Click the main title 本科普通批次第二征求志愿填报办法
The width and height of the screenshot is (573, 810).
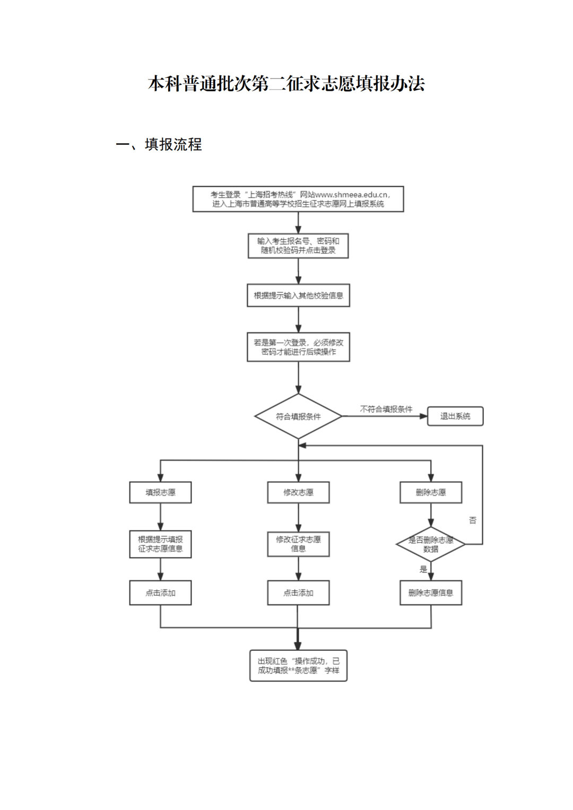tap(286, 84)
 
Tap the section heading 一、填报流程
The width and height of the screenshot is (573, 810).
tap(159, 145)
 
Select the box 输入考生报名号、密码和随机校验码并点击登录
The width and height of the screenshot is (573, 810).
tap(298, 246)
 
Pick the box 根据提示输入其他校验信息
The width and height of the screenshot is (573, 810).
tap(298, 295)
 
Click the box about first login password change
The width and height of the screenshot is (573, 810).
tap(298, 347)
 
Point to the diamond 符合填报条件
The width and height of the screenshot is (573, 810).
tap(298, 416)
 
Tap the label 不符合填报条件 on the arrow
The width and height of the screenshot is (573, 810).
tap(386, 409)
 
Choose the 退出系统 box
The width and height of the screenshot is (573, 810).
tap(455, 416)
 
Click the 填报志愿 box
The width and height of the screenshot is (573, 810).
tap(160, 492)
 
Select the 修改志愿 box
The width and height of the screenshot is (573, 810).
tap(298, 492)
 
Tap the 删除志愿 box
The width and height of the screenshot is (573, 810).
tap(431, 492)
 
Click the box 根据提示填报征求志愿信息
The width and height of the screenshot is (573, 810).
tap(160, 544)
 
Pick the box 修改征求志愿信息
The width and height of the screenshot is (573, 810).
tap(298, 544)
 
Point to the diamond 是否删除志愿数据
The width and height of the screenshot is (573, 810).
tap(431, 544)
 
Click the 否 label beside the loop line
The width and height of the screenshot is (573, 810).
tap(473, 520)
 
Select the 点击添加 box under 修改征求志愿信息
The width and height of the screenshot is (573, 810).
tap(298, 593)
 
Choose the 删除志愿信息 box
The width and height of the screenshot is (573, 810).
tap(431, 593)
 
